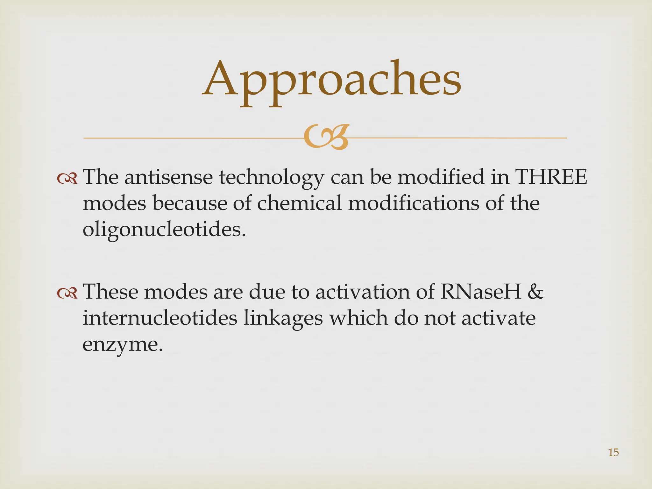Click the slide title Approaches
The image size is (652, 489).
tap(332, 80)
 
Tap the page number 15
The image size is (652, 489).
tap(613, 452)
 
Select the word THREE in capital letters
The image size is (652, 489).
tap(551, 177)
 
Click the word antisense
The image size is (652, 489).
tap(168, 177)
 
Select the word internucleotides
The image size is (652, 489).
tap(160, 318)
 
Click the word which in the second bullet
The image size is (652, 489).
tap(358, 318)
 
